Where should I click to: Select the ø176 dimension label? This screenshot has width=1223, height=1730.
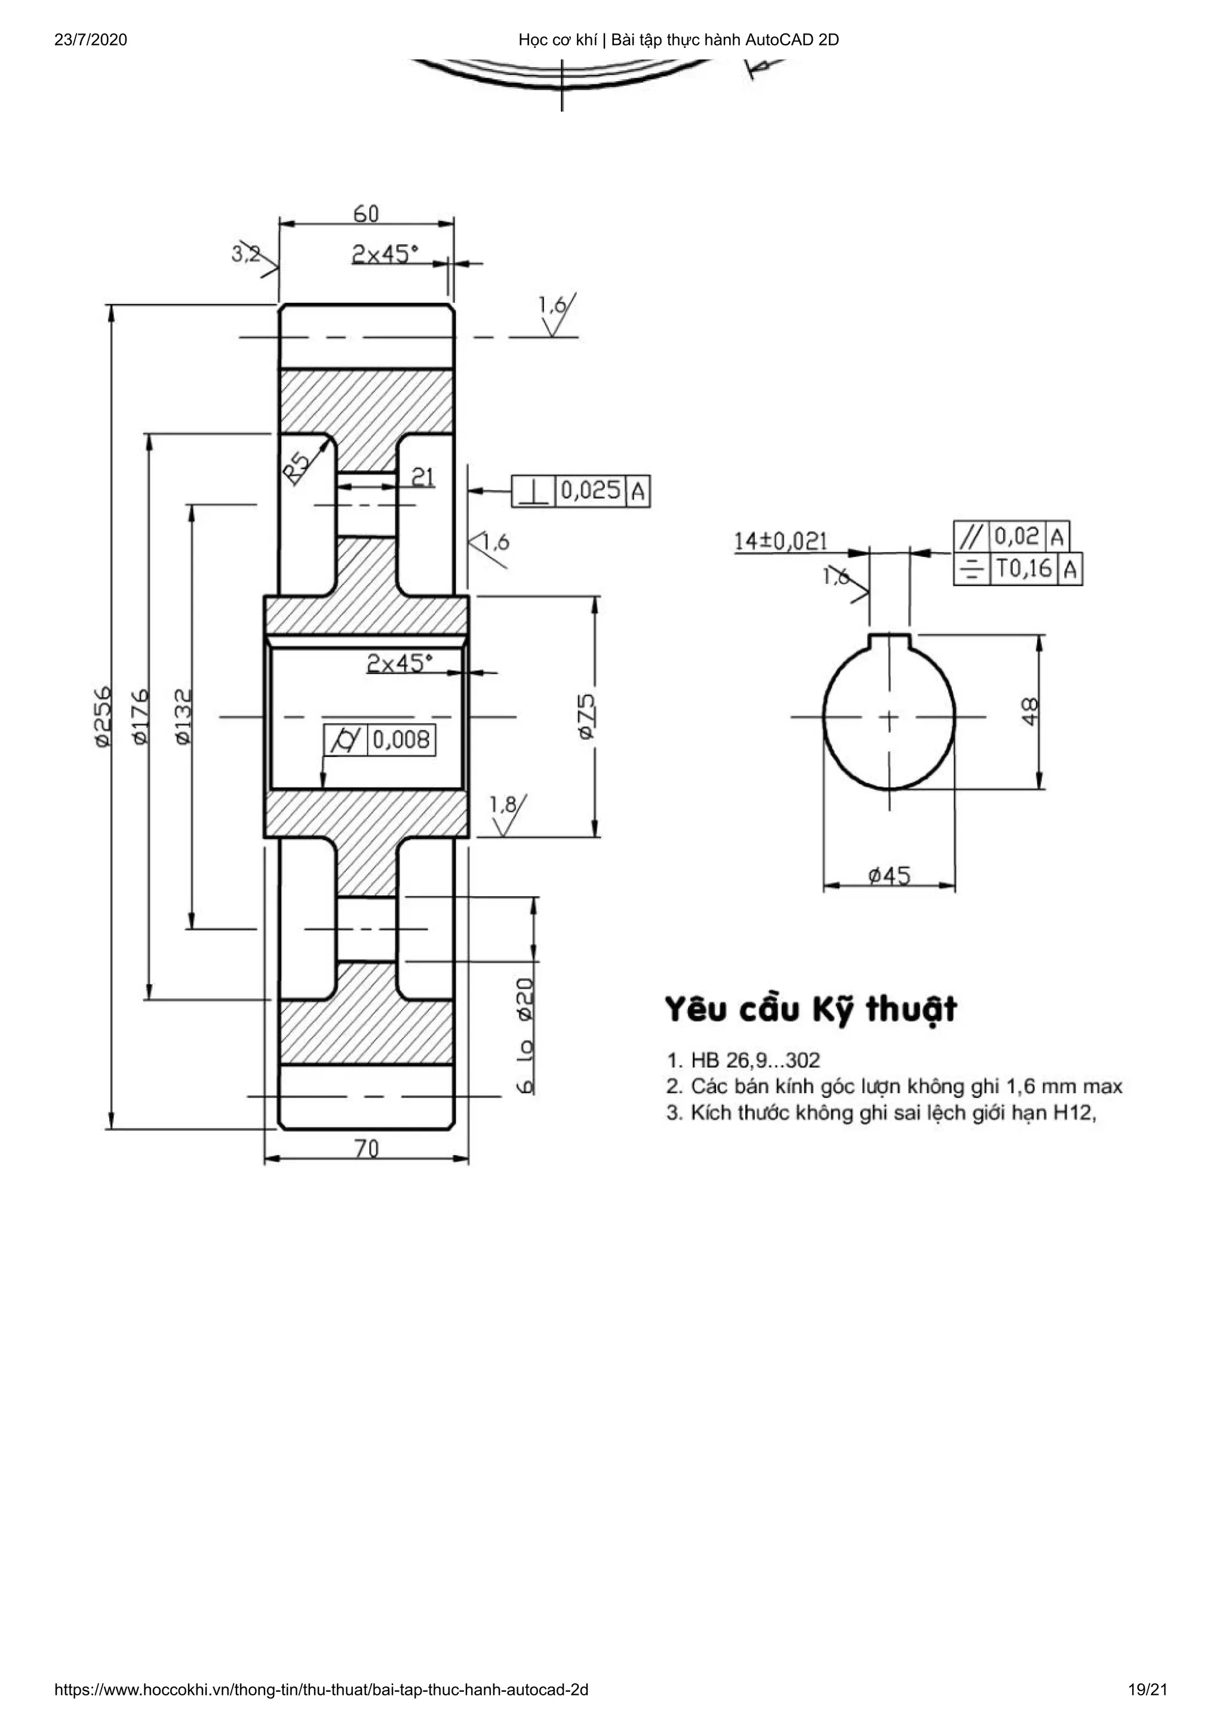click(x=141, y=716)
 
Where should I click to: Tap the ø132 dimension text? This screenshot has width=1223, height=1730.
click(x=183, y=716)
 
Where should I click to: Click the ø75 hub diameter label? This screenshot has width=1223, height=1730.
click(x=586, y=716)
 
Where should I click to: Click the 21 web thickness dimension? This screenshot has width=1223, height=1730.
click(x=423, y=477)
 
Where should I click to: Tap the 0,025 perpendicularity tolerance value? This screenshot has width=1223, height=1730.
click(x=591, y=491)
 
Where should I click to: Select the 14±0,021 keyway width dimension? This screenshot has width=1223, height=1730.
click(x=780, y=541)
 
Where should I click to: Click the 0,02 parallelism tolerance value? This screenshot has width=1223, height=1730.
click(x=1016, y=537)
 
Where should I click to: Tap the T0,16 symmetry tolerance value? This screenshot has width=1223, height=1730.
click(x=1024, y=568)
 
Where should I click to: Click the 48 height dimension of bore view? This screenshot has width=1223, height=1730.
click(x=1030, y=712)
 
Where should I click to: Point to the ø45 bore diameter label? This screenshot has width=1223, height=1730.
click(x=889, y=876)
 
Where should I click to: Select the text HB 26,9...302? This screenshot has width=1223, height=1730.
click(x=754, y=1060)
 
